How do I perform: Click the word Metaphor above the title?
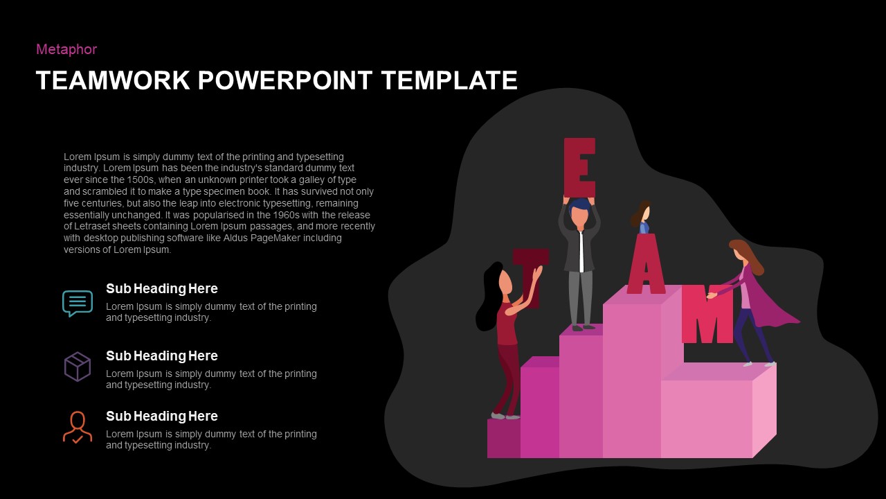66,49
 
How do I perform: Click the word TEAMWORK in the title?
112,80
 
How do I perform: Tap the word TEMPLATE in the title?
449,80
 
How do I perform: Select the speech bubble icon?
78,303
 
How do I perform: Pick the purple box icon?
78,367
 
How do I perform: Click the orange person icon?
78,427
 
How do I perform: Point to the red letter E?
579,168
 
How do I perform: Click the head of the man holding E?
579,214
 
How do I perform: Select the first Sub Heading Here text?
161,289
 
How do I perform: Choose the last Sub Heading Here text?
161,417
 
